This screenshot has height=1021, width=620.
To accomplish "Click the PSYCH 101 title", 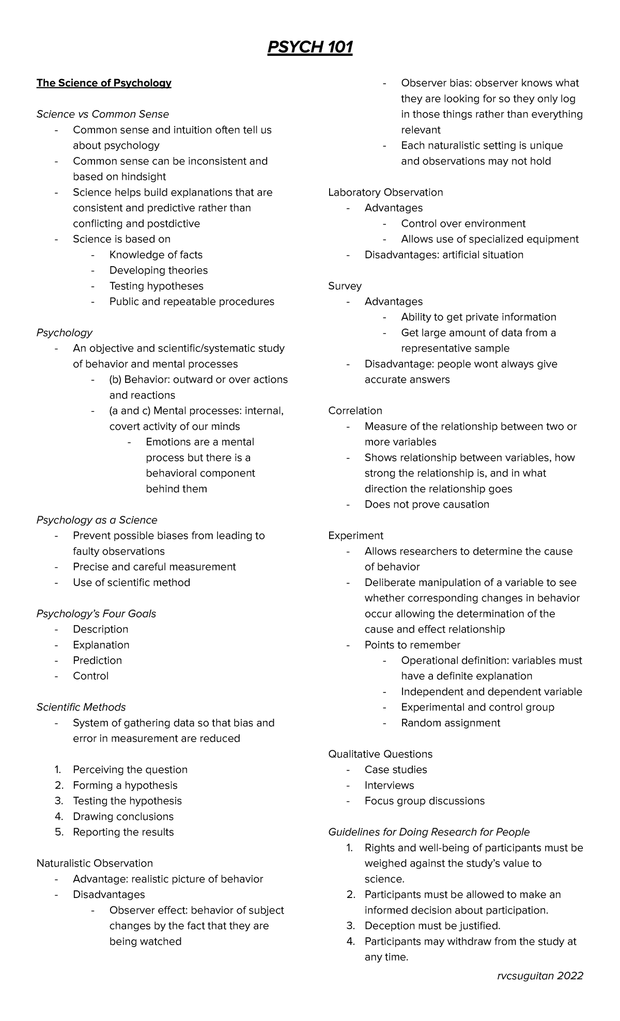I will coord(309,48).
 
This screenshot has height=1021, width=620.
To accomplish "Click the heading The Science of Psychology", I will coord(103,83).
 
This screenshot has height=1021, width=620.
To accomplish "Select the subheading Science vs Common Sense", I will coord(102,114).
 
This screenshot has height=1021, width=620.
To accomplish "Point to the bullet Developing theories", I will coord(158,270).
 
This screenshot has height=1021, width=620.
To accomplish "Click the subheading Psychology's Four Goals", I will coord(96,614).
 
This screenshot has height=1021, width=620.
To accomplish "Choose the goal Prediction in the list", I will coord(97,660).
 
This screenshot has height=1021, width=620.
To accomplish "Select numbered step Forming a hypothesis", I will coord(125,785).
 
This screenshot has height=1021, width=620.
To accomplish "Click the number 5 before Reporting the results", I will coord(58,832).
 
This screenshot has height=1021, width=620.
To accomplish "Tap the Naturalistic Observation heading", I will coord(95,863).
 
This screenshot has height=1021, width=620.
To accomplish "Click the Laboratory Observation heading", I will coord(385,193).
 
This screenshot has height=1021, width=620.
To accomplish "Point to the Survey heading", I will coord(345,286).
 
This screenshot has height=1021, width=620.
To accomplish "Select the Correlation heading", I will coord(355,411).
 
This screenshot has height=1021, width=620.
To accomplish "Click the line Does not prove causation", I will coord(427,504).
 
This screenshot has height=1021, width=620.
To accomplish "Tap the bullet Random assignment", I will coord(451,723).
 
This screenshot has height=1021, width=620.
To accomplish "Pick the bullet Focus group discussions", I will coord(424,801).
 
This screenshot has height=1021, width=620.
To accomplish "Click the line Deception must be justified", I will coord(432,925).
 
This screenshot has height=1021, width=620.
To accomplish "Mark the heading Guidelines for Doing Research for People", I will coord(429,832).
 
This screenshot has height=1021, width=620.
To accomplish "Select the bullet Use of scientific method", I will coord(131,582).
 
